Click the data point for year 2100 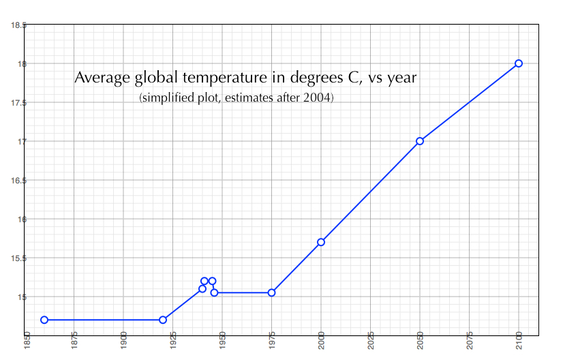click(x=519, y=63)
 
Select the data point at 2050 click(x=420, y=141)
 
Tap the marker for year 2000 click(x=321, y=242)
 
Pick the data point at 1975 click(x=271, y=292)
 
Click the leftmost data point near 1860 click(x=44, y=320)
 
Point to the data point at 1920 click(x=163, y=320)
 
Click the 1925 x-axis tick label click(x=173, y=343)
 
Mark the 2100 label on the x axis click(x=519, y=343)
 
